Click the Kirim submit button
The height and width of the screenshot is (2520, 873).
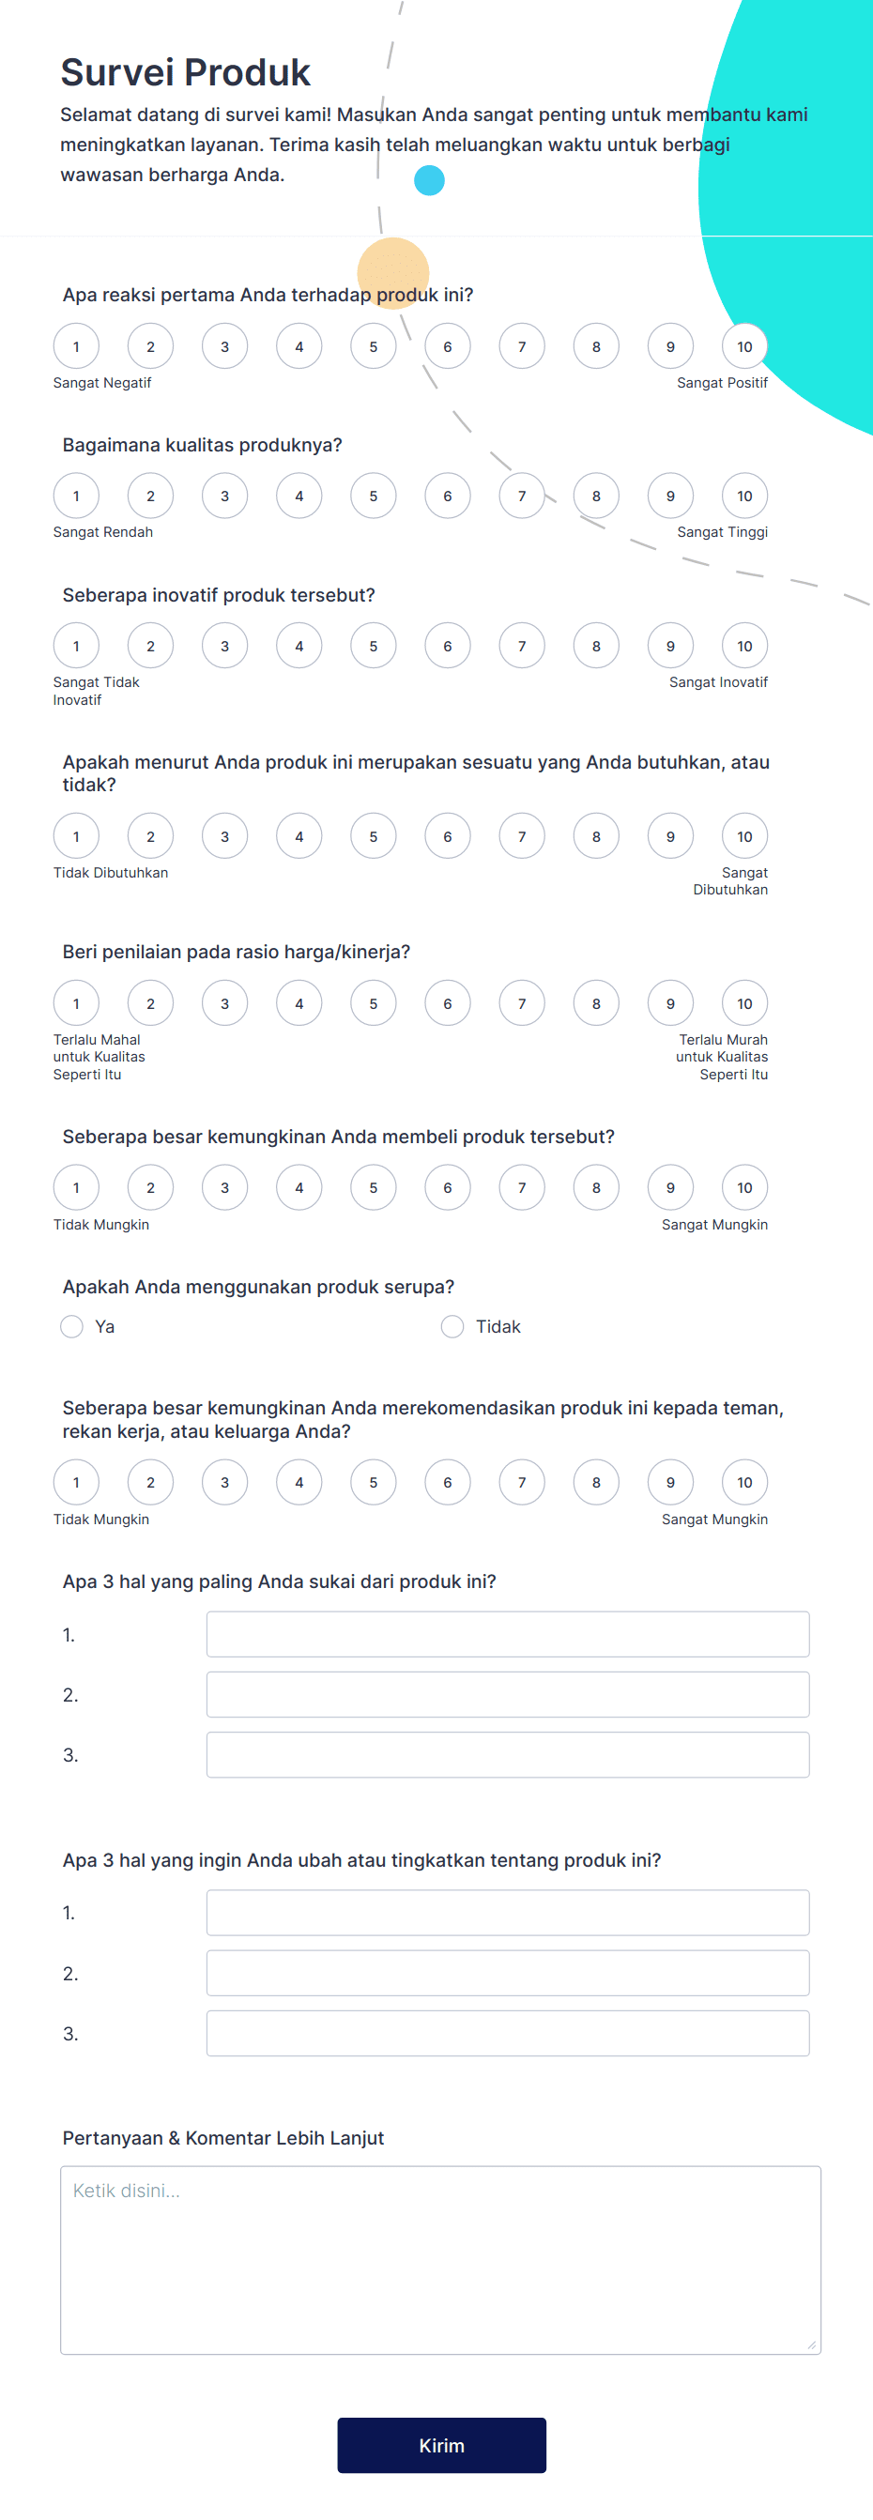tap(441, 2445)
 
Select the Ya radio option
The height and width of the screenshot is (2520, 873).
tap(71, 1326)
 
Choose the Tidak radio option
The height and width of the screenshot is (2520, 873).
tap(452, 1326)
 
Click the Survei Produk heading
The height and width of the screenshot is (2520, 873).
tap(185, 72)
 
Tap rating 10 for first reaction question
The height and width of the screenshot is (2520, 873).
tap(743, 346)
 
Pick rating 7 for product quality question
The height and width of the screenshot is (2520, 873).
tap(522, 496)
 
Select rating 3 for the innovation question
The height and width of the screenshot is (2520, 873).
tap(225, 646)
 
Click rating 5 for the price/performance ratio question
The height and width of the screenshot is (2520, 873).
tap(373, 1003)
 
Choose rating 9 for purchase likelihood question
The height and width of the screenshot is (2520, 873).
tap(670, 1187)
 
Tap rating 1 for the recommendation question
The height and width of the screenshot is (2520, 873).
tap(76, 1482)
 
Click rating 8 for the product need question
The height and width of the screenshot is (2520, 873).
tap(596, 836)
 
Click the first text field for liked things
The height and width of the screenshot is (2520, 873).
tap(507, 1634)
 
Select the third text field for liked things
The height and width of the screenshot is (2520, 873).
tap(507, 1754)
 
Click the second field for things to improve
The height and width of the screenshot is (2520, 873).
tap(507, 1972)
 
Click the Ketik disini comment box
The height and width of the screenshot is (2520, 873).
tap(440, 2260)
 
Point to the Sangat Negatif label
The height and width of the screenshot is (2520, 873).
tap(101, 383)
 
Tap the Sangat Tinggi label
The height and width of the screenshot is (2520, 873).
tap(722, 532)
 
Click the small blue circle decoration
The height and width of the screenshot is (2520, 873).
tap(430, 180)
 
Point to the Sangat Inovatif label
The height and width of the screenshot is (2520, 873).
tap(718, 681)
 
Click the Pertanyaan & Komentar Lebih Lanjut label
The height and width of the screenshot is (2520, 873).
tap(223, 2137)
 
